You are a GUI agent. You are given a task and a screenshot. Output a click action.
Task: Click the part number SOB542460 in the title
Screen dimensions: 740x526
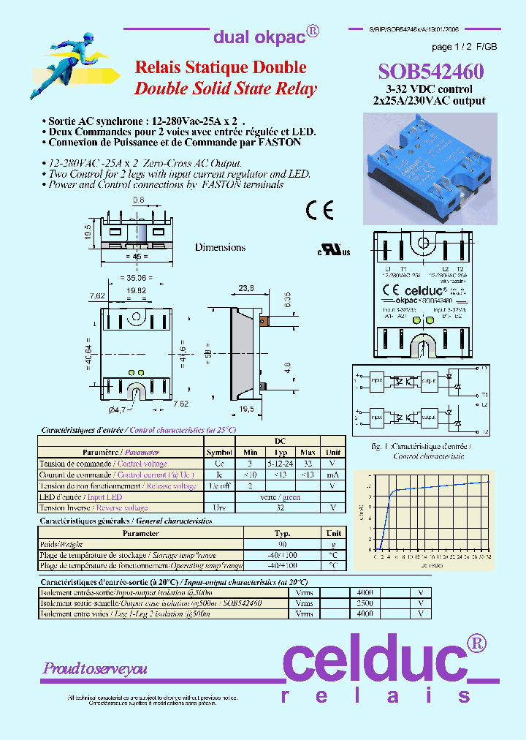coord(430,71)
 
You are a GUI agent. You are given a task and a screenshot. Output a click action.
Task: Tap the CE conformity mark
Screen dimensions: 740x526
coord(320,210)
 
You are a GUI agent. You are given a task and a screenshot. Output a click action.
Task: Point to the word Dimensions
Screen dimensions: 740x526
coord(220,247)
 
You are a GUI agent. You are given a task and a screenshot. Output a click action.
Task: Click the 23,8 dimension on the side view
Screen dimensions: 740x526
coord(245,289)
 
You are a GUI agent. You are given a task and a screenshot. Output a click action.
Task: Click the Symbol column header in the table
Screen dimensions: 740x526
coord(220,453)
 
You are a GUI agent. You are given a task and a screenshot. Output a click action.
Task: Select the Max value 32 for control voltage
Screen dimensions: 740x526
coord(308,464)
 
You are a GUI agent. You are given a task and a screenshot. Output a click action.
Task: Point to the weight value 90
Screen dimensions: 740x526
coord(282,544)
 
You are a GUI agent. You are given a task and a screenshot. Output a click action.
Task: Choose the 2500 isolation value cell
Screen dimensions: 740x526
coord(365,603)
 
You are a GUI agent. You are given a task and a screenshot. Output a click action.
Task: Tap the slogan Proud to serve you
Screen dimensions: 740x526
coord(95,668)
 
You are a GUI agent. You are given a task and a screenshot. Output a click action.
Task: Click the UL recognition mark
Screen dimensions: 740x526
coord(333,251)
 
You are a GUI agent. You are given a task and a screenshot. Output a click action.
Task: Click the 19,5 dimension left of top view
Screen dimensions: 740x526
coord(87,232)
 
